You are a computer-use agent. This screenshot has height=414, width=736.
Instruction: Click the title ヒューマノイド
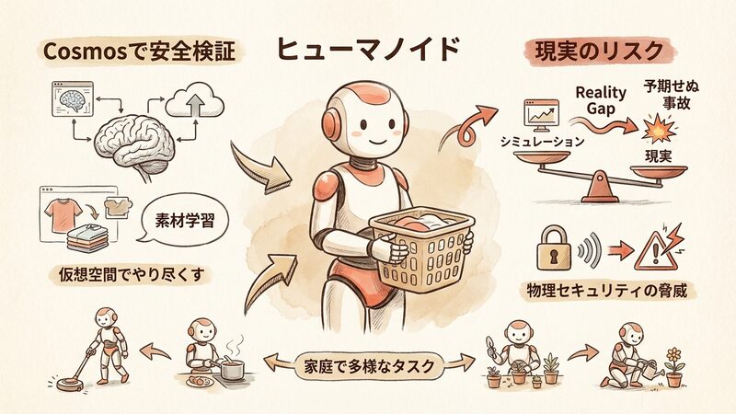click(367, 50)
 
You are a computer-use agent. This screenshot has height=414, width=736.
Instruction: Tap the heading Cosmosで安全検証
click(140, 52)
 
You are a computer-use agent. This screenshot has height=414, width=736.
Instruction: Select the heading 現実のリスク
click(600, 52)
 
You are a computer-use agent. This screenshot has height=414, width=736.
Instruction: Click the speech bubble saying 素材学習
click(185, 220)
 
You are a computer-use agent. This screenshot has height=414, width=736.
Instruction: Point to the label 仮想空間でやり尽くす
click(132, 274)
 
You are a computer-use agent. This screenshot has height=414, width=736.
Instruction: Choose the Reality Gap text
click(601, 100)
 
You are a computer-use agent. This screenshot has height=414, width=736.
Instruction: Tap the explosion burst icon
click(659, 129)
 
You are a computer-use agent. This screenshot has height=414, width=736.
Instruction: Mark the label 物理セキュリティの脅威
click(606, 291)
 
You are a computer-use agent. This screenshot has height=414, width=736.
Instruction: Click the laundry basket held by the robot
click(421, 248)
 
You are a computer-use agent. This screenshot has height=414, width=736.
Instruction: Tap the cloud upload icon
click(195, 100)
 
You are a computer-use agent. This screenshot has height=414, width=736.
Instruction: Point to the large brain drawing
click(135, 144)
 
